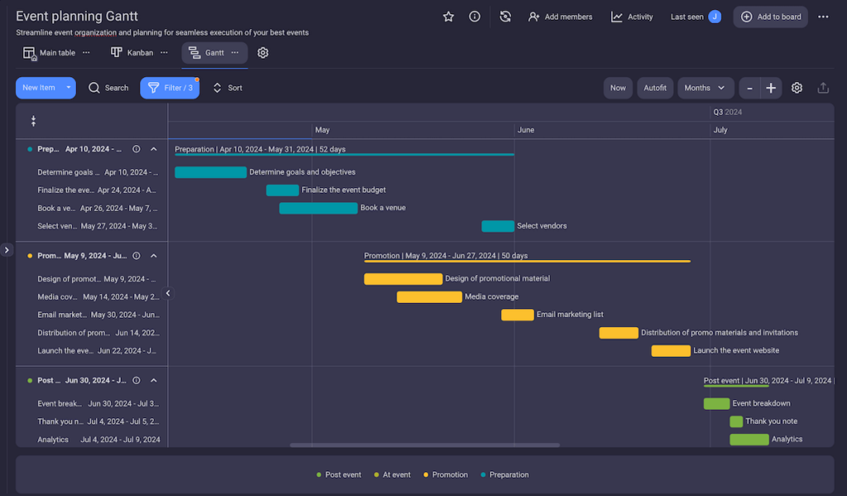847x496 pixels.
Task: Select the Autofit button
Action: click(655, 88)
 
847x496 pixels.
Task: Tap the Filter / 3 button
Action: click(170, 88)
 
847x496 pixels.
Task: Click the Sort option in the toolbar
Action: click(227, 88)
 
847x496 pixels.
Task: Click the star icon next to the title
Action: click(448, 17)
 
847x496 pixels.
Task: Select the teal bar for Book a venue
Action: click(318, 208)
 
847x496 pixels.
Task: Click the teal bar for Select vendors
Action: click(498, 226)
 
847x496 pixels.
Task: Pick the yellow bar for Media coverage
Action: click(429, 296)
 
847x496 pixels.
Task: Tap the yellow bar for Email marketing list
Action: click(518, 315)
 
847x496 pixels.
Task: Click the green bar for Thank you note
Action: click(736, 421)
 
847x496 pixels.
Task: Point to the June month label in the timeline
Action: click(526, 130)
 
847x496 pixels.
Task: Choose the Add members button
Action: click(560, 17)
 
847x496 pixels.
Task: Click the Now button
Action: click(618, 88)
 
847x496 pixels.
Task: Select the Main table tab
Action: click(50, 53)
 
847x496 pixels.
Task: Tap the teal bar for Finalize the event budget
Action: click(282, 190)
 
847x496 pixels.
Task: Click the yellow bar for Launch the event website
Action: click(671, 351)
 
